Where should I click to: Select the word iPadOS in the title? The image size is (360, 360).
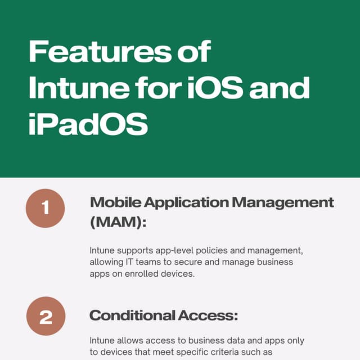[88, 125]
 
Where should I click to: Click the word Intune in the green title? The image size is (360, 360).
[68, 89]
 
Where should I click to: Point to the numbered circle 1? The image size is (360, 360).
[46, 208]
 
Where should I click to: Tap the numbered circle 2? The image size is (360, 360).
[46, 316]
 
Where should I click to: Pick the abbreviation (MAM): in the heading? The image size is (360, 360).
[118, 222]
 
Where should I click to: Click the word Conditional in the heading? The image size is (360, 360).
[132, 316]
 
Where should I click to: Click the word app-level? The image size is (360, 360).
[175, 250]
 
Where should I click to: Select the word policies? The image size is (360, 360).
[215, 250]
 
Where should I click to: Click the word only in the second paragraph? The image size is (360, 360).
[295, 341]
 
